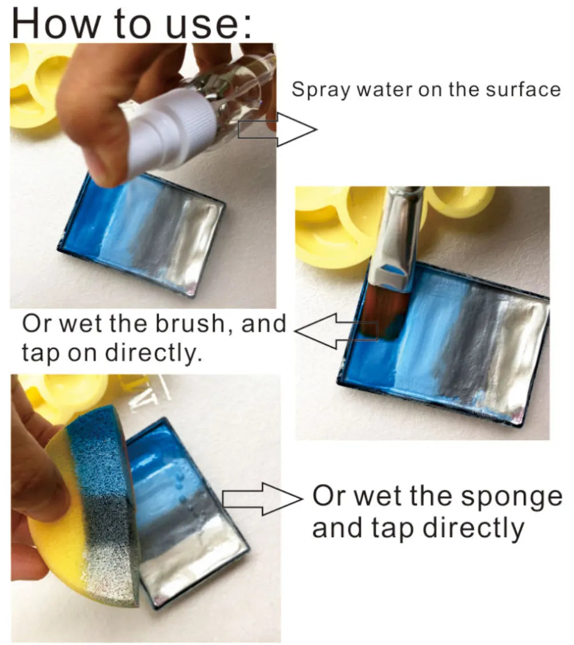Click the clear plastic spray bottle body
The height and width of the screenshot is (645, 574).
coord(229,91)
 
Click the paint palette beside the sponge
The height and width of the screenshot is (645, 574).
coord(183,514)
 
